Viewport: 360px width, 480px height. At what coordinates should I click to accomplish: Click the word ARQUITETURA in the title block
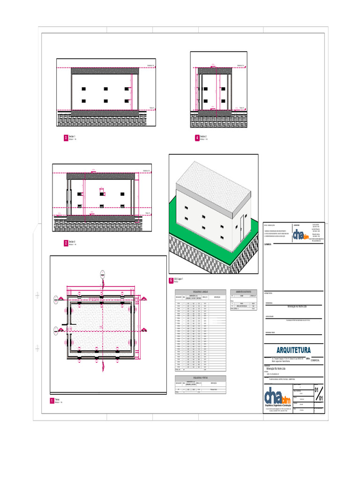click(293, 350)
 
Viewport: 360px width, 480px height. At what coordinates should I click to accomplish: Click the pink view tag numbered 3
click(66, 138)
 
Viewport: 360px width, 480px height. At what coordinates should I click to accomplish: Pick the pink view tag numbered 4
click(197, 138)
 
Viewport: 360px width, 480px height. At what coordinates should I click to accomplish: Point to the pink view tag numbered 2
click(66, 243)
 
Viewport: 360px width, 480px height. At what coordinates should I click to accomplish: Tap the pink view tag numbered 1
click(52, 401)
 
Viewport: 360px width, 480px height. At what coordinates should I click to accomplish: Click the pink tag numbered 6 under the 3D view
click(171, 280)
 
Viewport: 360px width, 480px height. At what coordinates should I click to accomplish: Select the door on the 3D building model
click(242, 224)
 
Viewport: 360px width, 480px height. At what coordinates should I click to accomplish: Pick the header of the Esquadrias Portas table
click(200, 377)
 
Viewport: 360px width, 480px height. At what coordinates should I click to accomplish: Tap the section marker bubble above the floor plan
click(102, 273)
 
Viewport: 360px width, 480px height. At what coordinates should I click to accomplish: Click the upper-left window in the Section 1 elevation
click(83, 89)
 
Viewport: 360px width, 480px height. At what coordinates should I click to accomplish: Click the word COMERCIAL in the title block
click(313, 361)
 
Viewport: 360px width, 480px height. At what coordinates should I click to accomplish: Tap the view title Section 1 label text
click(72, 136)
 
